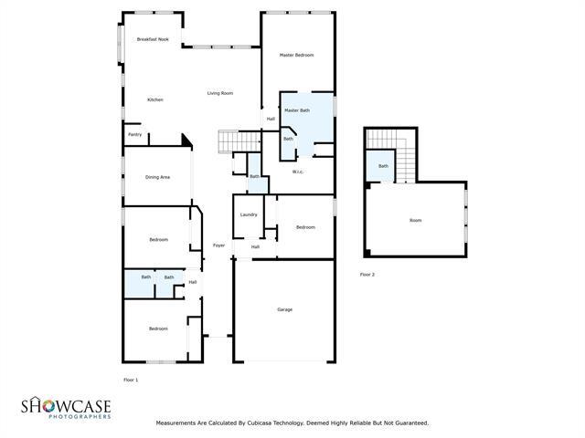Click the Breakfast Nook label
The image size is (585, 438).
click(x=153, y=39)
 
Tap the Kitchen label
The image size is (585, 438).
click(x=155, y=99)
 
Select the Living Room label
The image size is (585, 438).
click(x=219, y=93)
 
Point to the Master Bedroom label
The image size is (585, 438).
click(x=296, y=56)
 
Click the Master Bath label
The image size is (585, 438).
click(x=297, y=110)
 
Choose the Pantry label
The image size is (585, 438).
click(x=134, y=135)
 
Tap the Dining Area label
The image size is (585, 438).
click(x=157, y=177)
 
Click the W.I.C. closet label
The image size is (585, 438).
click(x=298, y=172)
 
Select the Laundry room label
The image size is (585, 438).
click(x=249, y=214)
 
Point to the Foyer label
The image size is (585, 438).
click(x=218, y=245)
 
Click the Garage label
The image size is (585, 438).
click(x=284, y=309)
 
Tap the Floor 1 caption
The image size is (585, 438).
click(x=131, y=379)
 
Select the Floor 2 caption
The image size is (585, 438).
click(x=367, y=274)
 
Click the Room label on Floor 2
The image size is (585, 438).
click(x=415, y=220)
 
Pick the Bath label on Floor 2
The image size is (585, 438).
click(x=383, y=166)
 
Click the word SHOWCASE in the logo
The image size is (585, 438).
click(x=66, y=404)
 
